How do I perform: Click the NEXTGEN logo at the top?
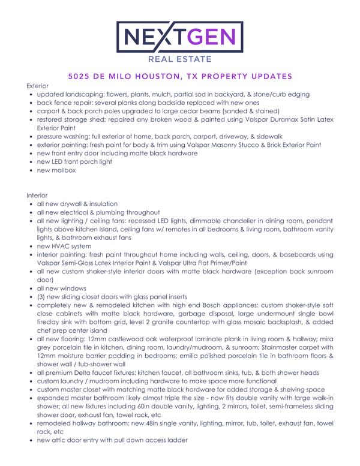[x=179, y=37]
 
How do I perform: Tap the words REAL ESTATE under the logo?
[x=179, y=60]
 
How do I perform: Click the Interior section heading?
[x=37, y=195]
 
